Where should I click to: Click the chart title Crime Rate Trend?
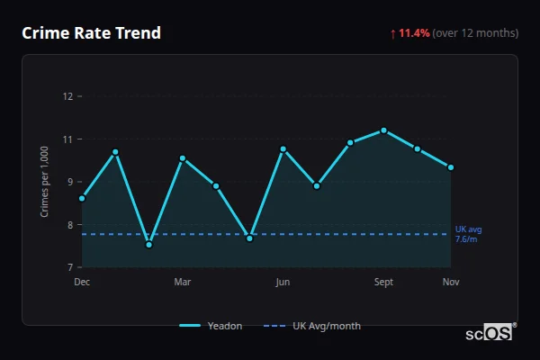[x=91, y=33]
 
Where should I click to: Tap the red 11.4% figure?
[x=415, y=33]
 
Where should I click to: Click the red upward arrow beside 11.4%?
[x=392, y=33]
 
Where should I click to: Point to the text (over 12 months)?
[x=475, y=33]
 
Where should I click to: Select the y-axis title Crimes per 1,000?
[x=45, y=181]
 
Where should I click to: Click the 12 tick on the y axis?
[x=67, y=96]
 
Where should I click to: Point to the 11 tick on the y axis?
[x=67, y=139]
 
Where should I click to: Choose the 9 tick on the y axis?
[x=68, y=182]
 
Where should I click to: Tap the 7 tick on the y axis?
[x=68, y=267]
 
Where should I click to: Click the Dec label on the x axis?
[x=82, y=283]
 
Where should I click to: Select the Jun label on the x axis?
[x=283, y=283]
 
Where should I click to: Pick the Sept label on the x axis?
[x=383, y=283]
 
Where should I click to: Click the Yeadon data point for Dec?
[x=82, y=198]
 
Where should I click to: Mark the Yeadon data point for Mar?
[x=183, y=158]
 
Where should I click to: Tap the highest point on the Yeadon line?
[x=383, y=130]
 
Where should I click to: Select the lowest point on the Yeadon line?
[x=148, y=245]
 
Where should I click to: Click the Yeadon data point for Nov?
[x=450, y=167]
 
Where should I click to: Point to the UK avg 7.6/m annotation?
[x=468, y=234]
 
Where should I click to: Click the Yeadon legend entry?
[x=211, y=326]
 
